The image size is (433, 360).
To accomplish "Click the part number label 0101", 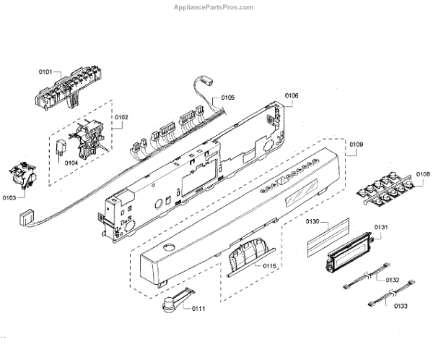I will pyautogui.click(x=46, y=72).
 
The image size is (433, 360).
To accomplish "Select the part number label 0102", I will pyautogui.click(x=121, y=116).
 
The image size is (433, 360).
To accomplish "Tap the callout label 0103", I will pyautogui.click(x=9, y=197).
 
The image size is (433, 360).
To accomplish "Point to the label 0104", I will pyautogui.click(x=71, y=164).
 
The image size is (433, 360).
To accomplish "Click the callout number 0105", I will pyautogui.click(x=228, y=98).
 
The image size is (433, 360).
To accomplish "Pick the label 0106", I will pyautogui.click(x=292, y=96).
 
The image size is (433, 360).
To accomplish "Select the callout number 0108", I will pyautogui.click(x=423, y=174).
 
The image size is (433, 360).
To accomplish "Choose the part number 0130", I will pyautogui.click(x=312, y=220).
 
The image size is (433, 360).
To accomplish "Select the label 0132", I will pyautogui.click(x=393, y=280).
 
